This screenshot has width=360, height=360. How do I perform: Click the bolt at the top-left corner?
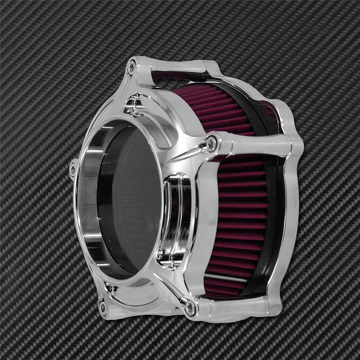(131, 68)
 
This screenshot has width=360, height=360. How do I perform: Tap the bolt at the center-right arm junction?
(211, 144)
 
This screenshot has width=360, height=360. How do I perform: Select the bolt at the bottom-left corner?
(103, 307)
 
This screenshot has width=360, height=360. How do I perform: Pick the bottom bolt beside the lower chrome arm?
(190, 307)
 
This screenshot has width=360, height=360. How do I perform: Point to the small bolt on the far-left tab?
(73, 170)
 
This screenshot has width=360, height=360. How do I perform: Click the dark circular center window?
(130, 202)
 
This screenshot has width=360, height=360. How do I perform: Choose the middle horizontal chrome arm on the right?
(256, 144)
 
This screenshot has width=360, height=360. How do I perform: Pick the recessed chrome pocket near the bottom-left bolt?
(112, 290)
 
